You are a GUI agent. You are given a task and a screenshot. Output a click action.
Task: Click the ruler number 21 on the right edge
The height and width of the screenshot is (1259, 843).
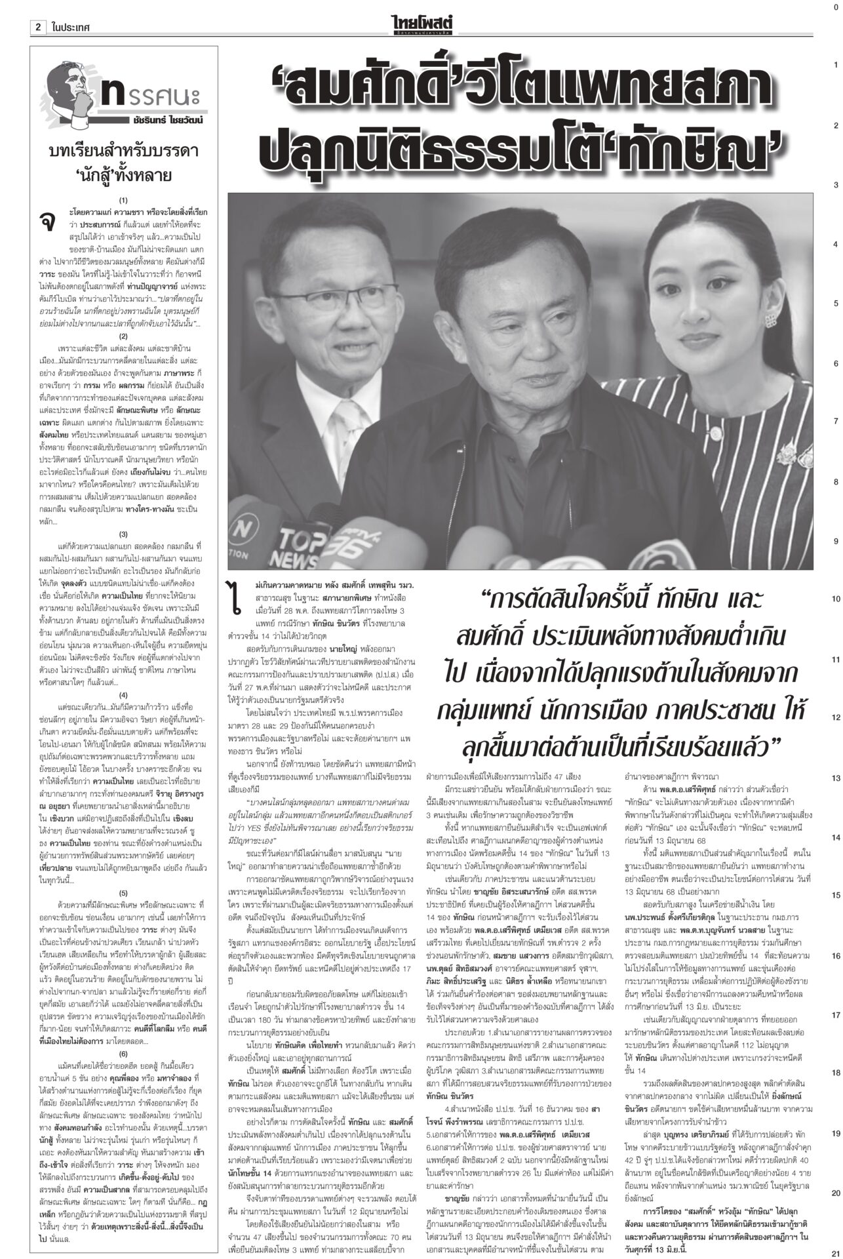pyautogui.click(x=835, y=1252)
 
